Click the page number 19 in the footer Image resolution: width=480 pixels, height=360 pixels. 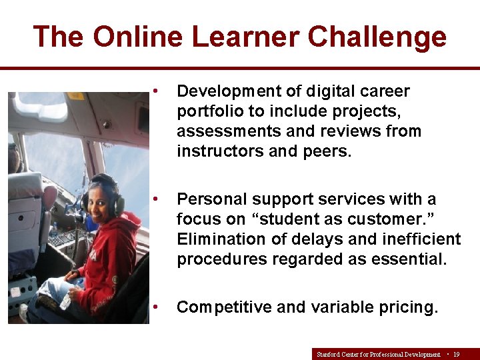click(456, 355)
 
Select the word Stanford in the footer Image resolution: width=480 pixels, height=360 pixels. click(328, 355)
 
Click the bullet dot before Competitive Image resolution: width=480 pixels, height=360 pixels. click(155, 307)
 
